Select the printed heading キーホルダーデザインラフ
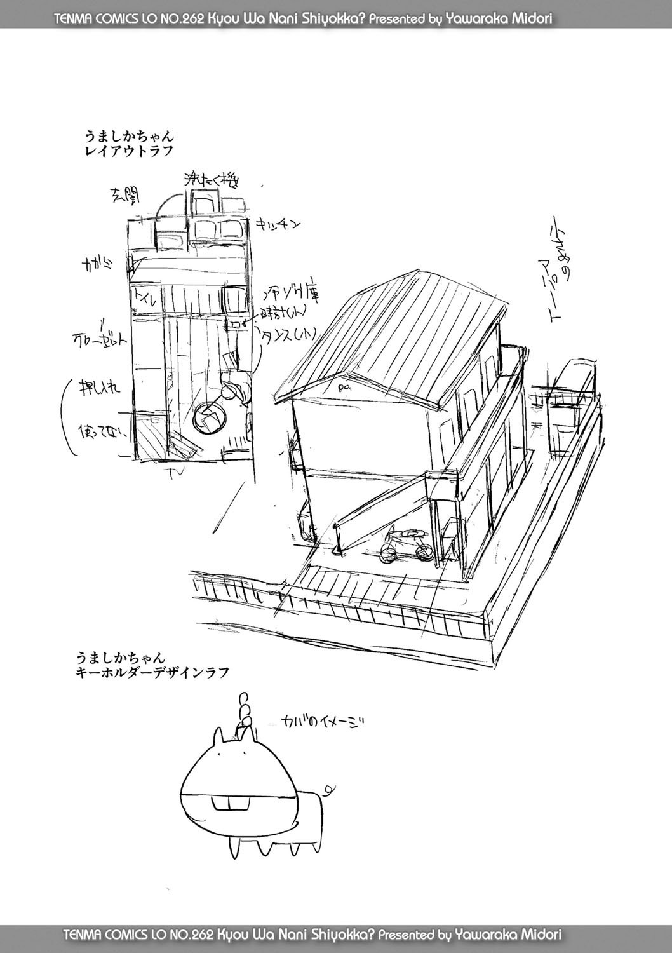[149, 670]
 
